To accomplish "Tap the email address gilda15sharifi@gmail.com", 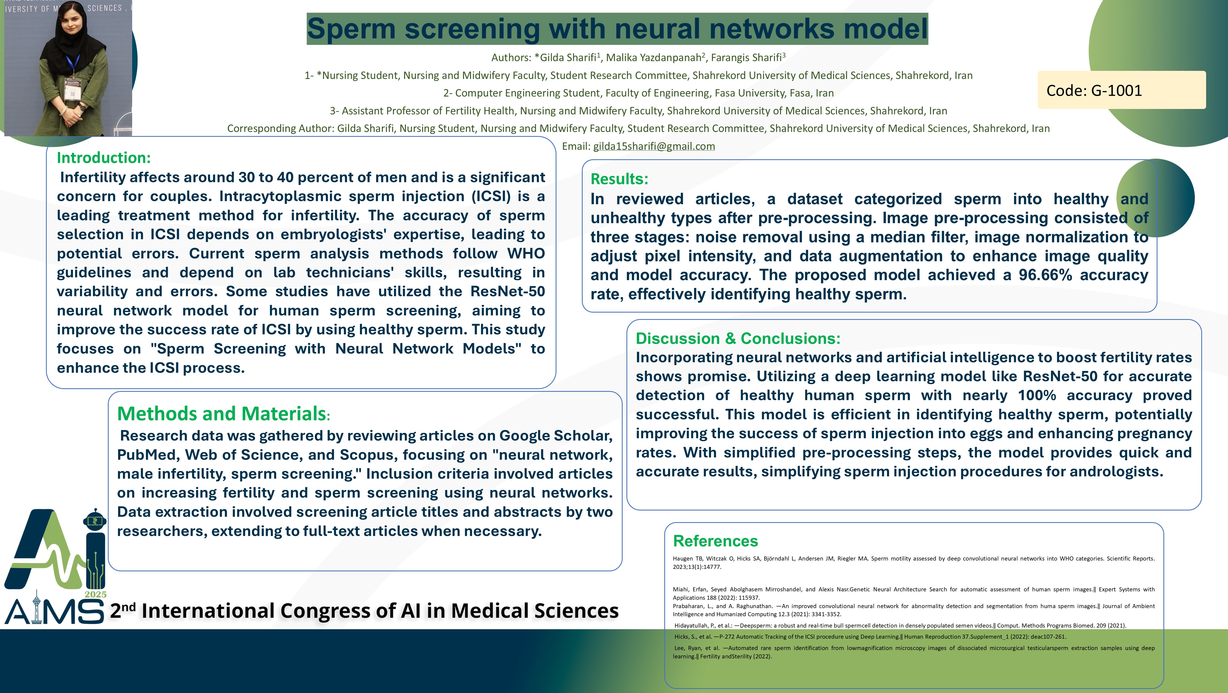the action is pos(654,147).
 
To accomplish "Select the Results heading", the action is pos(619,179).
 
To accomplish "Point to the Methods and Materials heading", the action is pos(223,413).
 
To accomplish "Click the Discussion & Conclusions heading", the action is pos(738,338).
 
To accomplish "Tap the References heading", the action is pos(715,541).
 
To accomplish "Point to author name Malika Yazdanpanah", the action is pos(653,58).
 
